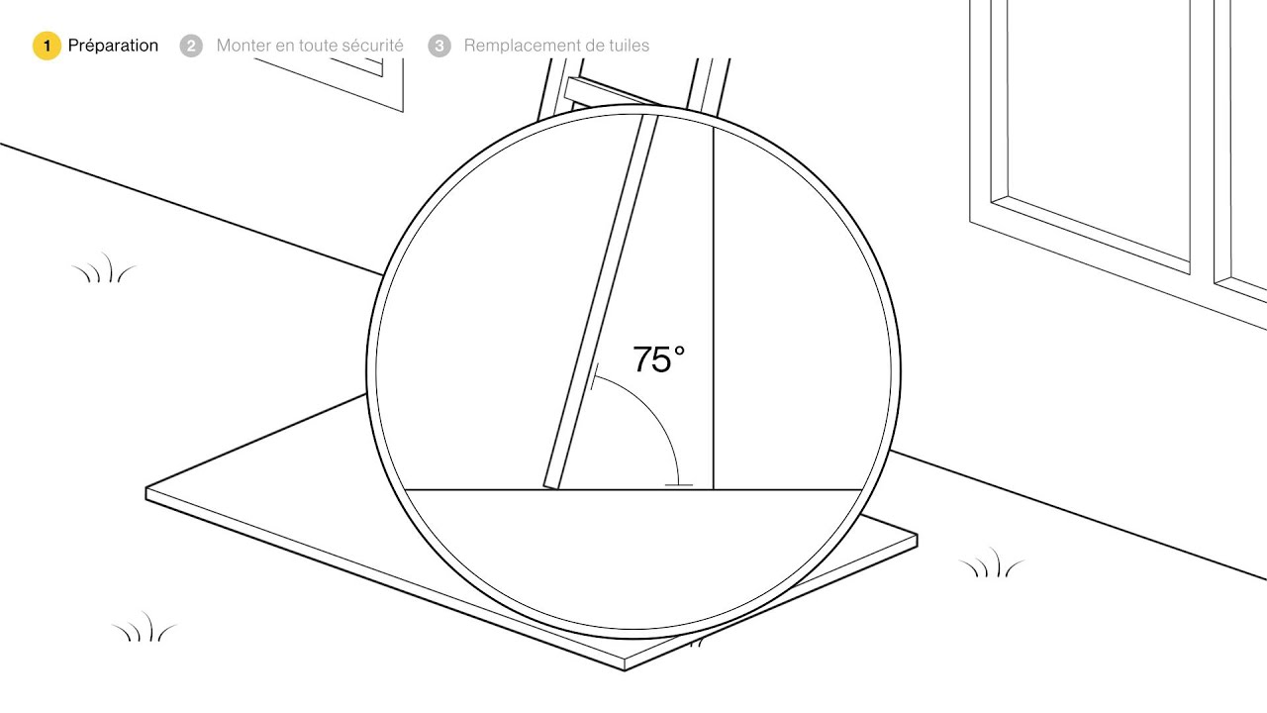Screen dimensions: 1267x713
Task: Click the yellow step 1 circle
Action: (x=47, y=46)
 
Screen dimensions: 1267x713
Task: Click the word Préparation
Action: (x=113, y=46)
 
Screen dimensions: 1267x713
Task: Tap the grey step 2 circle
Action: (x=191, y=46)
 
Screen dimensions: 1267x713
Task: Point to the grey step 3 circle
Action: (x=439, y=46)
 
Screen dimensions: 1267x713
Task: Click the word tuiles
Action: (x=628, y=46)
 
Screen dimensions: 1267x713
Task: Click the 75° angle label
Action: (x=658, y=358)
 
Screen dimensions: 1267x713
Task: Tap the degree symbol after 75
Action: (x=679, y=352)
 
